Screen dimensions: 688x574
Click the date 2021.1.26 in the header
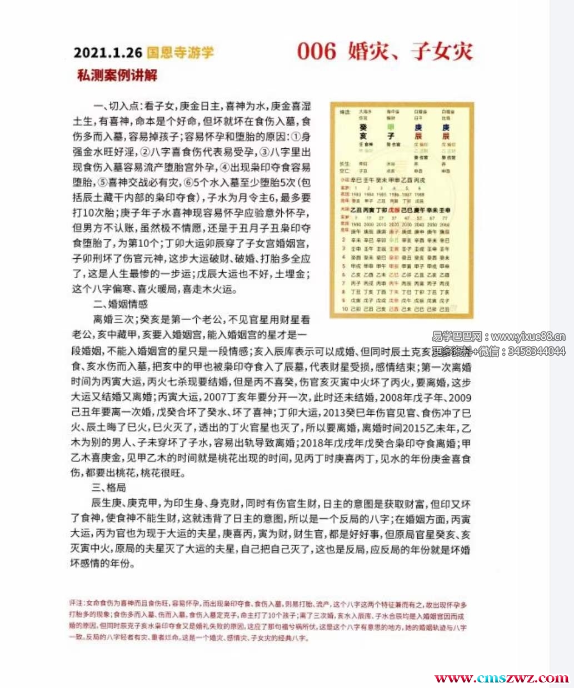point(108,53)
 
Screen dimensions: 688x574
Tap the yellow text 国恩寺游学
point(180,53)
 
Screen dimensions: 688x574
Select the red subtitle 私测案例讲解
point(117,75)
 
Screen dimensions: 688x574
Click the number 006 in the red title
point(317,52)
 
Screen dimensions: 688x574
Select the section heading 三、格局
point(109,488)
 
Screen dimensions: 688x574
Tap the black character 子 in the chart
point(391,136)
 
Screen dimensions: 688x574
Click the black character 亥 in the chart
point(363,136)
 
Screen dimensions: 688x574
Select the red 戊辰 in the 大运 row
point(393,211)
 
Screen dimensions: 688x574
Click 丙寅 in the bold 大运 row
point(369,211)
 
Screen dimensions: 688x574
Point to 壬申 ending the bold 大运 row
point(444,211)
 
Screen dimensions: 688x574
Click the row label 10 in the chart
point(345,309)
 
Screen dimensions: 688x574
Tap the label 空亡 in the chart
point(345,172)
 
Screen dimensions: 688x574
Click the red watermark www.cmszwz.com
point(501,678)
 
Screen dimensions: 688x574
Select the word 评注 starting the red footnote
point(76,604)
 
